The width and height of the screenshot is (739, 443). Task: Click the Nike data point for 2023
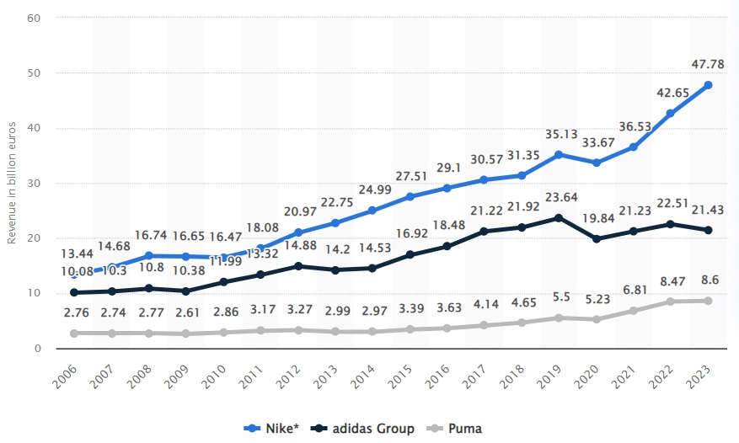[x=708, y=85]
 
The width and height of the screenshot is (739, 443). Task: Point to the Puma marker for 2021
[x=634, y=311]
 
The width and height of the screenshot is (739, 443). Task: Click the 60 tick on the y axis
[x=37, y=18]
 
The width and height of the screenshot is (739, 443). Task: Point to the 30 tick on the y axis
[x=37, y=183]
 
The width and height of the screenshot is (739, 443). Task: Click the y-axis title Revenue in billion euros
[x=12, y=181]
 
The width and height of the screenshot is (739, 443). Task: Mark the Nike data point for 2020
[x=597, y=163]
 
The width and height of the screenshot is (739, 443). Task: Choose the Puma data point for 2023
[x=708, y=301]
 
